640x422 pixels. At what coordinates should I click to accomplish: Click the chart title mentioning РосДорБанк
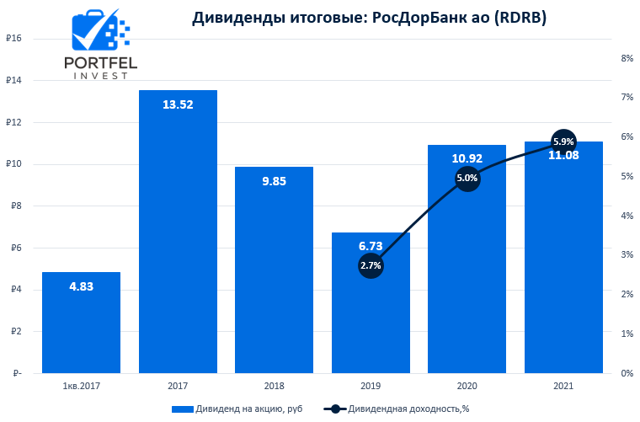click(x=369, y=18)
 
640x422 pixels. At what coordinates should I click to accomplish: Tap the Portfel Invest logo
click(x=101, y=46)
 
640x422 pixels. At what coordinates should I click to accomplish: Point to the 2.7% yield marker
click(x=371, y=265)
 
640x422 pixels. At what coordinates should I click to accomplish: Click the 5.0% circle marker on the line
click(x=467, y=178)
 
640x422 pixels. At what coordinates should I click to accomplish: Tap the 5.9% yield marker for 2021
click(x=563, y=142)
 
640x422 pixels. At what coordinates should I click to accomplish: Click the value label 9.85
click(x=274, y=180)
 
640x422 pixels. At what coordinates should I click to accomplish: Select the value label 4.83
click(x=81, y=286)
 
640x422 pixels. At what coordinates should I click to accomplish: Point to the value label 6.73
click(x=371, y=246)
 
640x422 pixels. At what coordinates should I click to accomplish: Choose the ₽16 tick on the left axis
click(x=13, y=39)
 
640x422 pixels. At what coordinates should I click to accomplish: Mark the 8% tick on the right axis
click(x=627, y=58)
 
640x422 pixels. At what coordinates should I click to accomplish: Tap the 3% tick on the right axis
click(x=627, y=255)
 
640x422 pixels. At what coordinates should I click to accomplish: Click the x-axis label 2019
click(x=371, y=385)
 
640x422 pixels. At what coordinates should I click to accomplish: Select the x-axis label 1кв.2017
click(x=81, y=385)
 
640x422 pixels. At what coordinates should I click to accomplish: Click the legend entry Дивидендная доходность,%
click(x=400, y=409)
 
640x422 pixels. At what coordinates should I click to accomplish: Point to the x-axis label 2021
click(x=563, y=385)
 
